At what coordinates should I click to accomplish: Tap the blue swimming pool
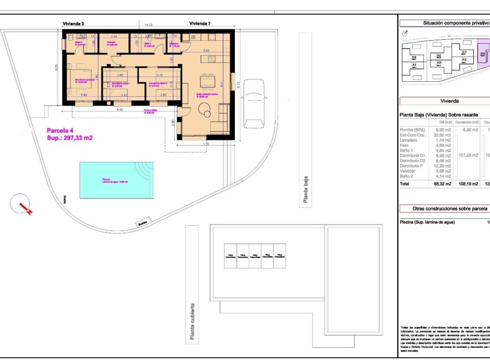click(113, 180)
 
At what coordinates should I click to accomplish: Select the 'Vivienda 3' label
click(73, 24)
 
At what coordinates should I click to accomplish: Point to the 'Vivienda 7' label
click(200, 24)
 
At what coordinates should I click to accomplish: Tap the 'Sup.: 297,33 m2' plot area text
click(70, 138)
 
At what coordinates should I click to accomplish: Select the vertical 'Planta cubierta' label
click(192, 323)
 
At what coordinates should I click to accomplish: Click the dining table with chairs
click(207, 79)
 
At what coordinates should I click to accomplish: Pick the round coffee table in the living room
click(205, 109)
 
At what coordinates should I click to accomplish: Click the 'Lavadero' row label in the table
click(408, 141)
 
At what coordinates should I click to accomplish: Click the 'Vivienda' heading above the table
click(449, 100)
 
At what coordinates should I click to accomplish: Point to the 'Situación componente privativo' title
click(455, 23)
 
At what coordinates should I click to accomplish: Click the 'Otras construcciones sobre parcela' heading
click(449, 209)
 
